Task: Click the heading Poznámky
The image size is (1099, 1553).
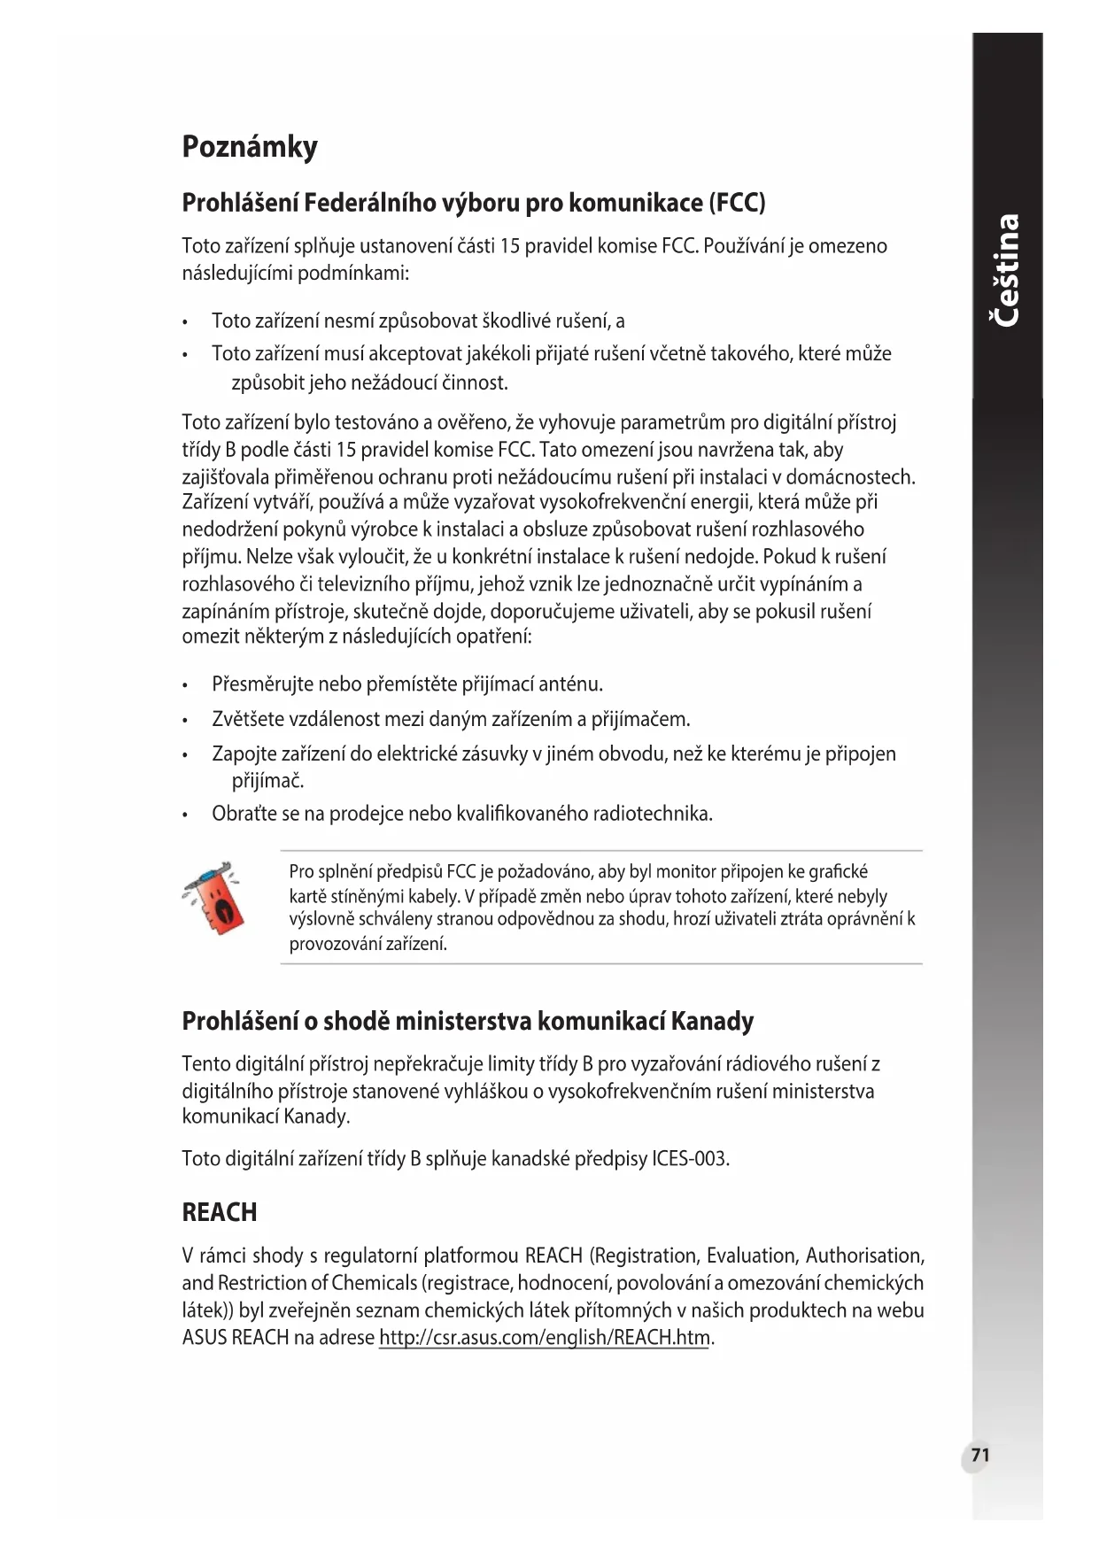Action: click(x=249, y=147)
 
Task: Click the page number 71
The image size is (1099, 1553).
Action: click(x=979, y=1456)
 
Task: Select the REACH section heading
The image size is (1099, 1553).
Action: click(x=219, y=1212)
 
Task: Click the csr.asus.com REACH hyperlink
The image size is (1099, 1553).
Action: click(x=544, y=1337)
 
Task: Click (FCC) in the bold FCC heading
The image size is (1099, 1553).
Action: click(x=737, y=204)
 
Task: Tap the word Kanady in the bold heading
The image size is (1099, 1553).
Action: click(x=712, y=1022)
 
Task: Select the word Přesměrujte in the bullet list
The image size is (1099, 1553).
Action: click(x=262, y=684)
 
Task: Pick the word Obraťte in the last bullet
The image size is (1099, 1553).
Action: click(x=244, y=814)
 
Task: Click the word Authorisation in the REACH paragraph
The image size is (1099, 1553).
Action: click(x=864, y=1256)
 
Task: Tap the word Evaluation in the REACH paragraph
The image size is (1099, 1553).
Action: click(x=749, y=1256)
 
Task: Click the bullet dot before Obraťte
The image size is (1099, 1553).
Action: click(x=184, y=815)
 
